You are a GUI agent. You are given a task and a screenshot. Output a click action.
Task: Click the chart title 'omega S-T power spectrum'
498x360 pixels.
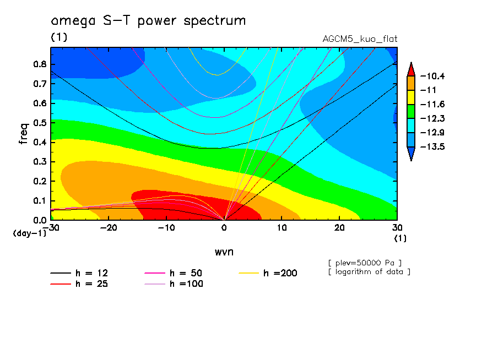[x=148, y=21]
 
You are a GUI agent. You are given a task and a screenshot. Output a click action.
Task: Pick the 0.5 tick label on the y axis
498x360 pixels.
[x=39, y=122]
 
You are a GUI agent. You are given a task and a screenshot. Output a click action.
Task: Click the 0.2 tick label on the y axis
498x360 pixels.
[x=39, y=181]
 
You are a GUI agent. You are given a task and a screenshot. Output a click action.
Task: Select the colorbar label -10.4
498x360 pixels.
[x=432, y=76]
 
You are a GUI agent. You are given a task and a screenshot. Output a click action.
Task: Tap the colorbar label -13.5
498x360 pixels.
[x=432, y=147]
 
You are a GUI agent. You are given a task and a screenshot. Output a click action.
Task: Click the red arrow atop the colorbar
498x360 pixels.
[x=411, y=69]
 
